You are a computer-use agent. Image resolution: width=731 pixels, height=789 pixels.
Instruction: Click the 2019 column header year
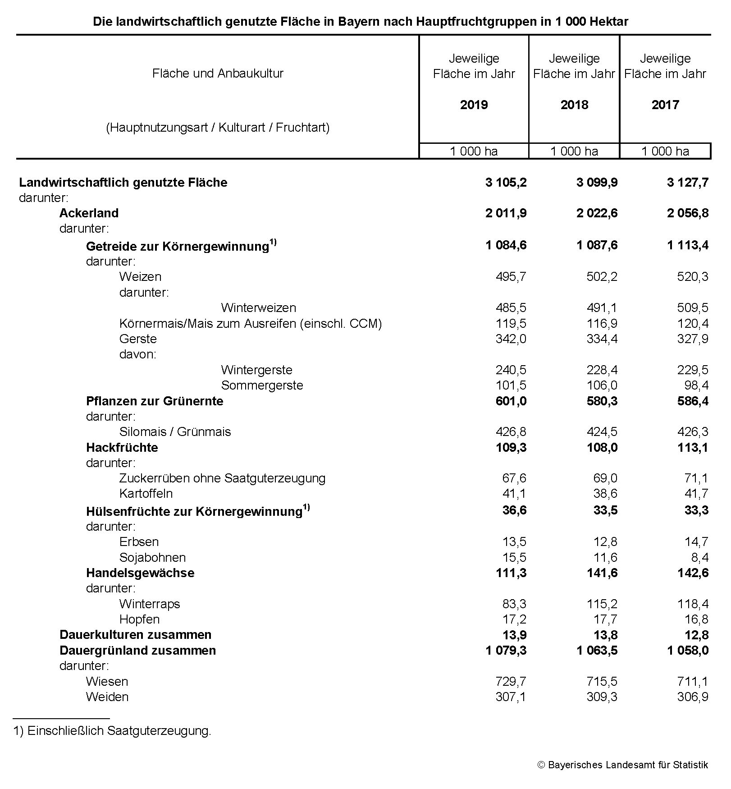pyautogui.click(x=474, y=105)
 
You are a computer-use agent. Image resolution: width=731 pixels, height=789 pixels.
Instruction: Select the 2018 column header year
pyautogui.click(x=574, y=105)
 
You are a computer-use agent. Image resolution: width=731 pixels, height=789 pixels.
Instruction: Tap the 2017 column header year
pyautogui.click(x=665, y=105)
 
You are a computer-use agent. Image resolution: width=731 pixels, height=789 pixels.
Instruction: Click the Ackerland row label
pyautogui.click(x=89, y=213)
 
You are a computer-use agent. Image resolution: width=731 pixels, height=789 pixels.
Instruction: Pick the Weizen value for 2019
pyautogui.click(x=511, y=276)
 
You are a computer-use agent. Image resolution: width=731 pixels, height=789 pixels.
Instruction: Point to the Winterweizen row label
pyautogui.click(x=258, y=308)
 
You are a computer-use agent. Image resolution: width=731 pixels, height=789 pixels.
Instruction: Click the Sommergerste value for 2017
pyautogui.click(x=696, y=385)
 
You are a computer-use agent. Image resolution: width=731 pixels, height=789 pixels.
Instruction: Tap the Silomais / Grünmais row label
pyautogui.click(x=175, y=431)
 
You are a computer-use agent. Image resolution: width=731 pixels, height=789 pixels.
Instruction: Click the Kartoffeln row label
pyautogui.click(x=146, y=493)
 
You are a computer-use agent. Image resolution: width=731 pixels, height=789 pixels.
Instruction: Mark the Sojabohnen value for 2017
pyautogui.click(x=699, y=558)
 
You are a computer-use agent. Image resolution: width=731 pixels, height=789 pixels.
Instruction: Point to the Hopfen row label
pyautogui.click(x=139, y=619)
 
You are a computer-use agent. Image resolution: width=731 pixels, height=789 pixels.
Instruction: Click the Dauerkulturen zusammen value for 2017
pyautogui.click(x=696, y=635)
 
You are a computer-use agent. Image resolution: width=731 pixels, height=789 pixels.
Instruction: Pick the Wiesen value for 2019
pyautogui.click(x=511, y=681)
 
